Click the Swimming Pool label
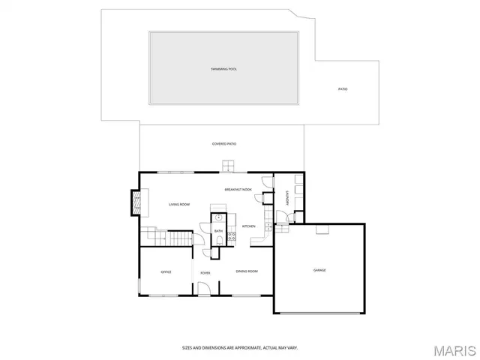coord(223,69)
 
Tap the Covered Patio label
coord(224,143)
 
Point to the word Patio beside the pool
coord(343,89)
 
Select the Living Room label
coord(178,205)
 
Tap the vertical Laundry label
coord(287,199)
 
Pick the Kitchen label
coord(248,226)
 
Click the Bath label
coord(218,231)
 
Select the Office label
coord(166,271)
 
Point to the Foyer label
coord(205,272)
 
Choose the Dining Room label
coord(247,271)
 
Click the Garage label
coord(319,270)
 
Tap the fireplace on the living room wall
coord(136,202)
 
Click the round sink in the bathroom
coord(218,218)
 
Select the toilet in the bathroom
coord(218,240)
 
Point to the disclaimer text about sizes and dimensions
coord(240,347)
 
